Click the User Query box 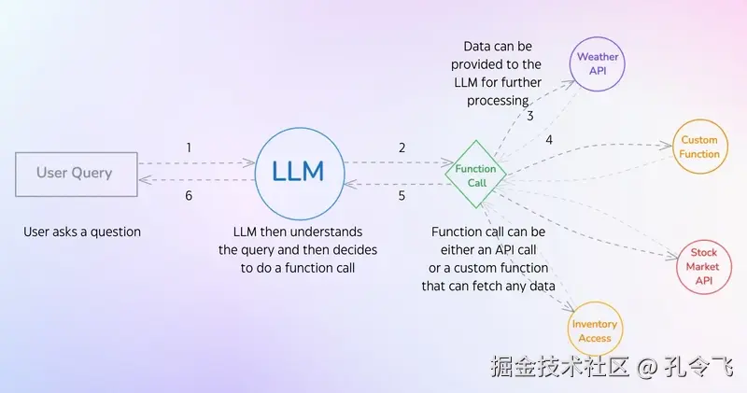[75, 173]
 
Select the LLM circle [298, 172]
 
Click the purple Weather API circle [596, 63]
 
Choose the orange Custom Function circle [699, 147]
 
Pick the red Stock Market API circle [703, 266]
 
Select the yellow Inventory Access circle [595, 330]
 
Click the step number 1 [189, 147]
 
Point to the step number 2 [402, 147]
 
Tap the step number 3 [529, 117]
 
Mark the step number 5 [402, 196]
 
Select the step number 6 [189, 196]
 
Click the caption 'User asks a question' [82, 232]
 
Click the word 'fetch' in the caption [502, 286]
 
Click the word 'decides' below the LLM [336, 249]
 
